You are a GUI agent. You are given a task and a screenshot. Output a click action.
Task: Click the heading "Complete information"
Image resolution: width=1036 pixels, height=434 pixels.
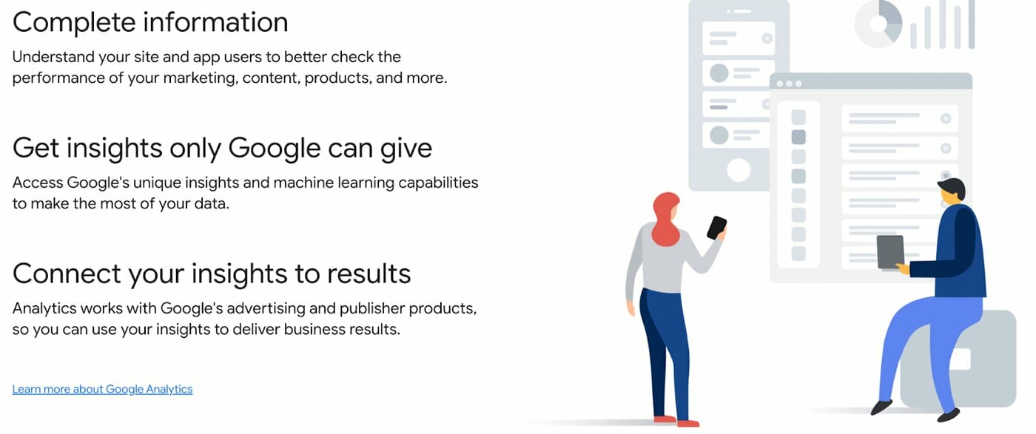tap(150, 23)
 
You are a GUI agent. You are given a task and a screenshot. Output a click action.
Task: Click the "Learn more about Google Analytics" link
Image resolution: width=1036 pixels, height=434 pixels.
tap(102, 389)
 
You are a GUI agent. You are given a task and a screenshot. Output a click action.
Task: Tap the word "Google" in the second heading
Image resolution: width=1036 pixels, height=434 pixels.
tap(275, 149)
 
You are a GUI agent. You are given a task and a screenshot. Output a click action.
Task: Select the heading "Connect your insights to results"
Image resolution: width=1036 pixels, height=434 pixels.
tap(212, 274)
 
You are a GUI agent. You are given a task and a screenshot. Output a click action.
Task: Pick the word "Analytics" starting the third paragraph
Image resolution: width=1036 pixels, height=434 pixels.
tap(44, 308)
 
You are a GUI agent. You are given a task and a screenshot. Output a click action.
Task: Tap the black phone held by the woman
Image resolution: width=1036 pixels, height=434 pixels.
tap(716, 228)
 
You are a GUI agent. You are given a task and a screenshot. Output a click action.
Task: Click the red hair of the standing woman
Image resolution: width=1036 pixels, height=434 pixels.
tap(665, 220)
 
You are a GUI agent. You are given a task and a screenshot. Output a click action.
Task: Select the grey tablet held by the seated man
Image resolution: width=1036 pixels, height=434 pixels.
tap(891, 252)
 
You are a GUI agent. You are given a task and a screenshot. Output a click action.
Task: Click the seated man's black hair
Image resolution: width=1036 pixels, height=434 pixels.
tap(953, 188)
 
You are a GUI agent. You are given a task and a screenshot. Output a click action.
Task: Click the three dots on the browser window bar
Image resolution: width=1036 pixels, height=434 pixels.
tap(789, 84)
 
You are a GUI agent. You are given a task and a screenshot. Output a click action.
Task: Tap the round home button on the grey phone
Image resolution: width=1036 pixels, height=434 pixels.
tap(739, 170)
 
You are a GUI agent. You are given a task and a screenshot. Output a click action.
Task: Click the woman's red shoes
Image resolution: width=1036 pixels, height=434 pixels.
tap(676, 421)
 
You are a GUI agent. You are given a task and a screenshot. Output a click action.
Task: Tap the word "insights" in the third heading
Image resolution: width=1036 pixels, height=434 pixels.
tap(240, 274)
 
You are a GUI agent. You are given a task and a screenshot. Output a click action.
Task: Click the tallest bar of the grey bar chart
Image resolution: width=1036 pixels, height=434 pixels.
tap(971, 24)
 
